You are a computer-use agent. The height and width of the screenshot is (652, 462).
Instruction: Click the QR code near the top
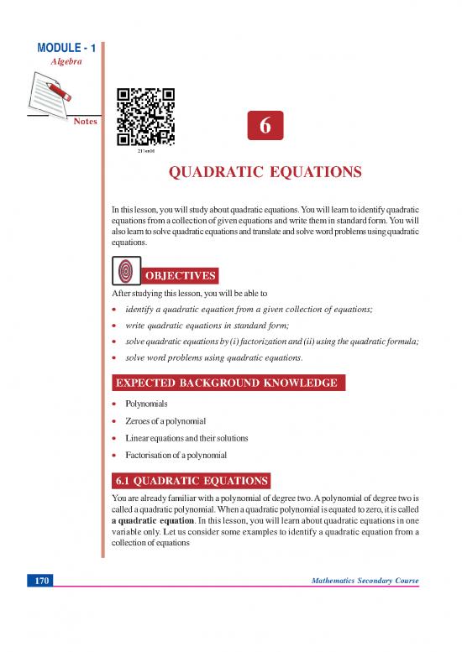[x=145, y=116]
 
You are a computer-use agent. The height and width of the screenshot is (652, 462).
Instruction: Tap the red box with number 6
[x=265, y=126]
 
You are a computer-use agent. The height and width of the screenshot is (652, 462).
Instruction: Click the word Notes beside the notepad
[x=86, y=122]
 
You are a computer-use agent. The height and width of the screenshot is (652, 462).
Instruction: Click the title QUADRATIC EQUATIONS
[x=265, y=174]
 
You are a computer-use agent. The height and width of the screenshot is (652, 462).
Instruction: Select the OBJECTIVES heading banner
[x=182, y=276]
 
